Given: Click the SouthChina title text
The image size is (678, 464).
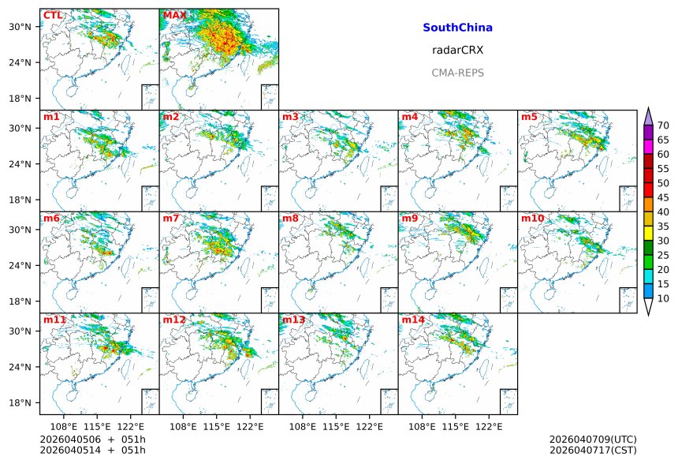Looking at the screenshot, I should tap(457, 28).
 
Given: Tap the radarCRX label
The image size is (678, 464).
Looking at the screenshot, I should tap(457, 50).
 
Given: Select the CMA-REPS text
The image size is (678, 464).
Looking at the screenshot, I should tap(457, 73).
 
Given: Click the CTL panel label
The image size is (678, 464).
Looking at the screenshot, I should tap(53, 15).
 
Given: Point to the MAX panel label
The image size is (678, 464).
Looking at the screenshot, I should tap(174, 15).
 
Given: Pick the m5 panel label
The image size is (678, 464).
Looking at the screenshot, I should tap(528, 117).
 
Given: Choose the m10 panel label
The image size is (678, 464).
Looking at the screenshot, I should tap(531, 218).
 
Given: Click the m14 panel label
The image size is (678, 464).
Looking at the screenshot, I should tap(412, 320).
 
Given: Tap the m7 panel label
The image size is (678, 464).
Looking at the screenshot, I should tap(171, 218).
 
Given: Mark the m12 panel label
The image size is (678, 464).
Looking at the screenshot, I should tap(174, 320).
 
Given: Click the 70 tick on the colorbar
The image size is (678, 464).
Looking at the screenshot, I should tap(663, 125).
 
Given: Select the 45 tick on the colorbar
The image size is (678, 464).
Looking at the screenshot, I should tap(663, 198).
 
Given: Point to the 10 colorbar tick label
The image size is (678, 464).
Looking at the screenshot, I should tap(663, 299).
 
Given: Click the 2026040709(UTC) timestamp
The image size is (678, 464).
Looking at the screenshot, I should tap(593, 439).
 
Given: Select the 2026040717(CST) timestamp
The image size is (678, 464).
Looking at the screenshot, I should tap(593, 450).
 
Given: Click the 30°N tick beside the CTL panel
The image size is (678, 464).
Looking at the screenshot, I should tap(20, 27).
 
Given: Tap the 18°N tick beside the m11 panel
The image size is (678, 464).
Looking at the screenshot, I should tap(20, 402).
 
